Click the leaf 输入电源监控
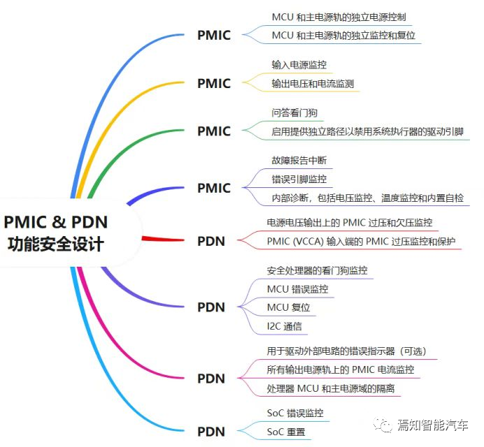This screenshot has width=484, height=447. (x=299, y=65)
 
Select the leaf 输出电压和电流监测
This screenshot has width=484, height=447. (x=312, y=84)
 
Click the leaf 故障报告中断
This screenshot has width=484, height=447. (x=299, y=161)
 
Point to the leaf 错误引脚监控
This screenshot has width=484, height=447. (x=299, y=179)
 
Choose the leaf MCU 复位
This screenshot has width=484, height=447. (x=288, y=307)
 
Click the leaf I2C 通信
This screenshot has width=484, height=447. (x=284, y=326)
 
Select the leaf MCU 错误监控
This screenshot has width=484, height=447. (x=297, y=288)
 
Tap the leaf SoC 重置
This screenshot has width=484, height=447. (x=286, y=432)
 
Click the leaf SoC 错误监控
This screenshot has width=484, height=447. (x=295, y=413)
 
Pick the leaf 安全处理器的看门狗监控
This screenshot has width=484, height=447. (x=317, y=270)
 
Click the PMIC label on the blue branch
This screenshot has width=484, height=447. (x=213, y=36)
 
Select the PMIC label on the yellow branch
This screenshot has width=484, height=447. (x=213, y=84)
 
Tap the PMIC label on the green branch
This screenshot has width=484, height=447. (x=213, y=131)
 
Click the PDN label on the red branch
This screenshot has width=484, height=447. (x=211, y=242)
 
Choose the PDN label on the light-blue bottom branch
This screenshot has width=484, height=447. (x=211, y=432)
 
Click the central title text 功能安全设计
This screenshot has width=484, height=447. (x=56, y=245)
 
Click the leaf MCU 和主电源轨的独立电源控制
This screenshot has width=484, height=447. (x=339, y=16)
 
